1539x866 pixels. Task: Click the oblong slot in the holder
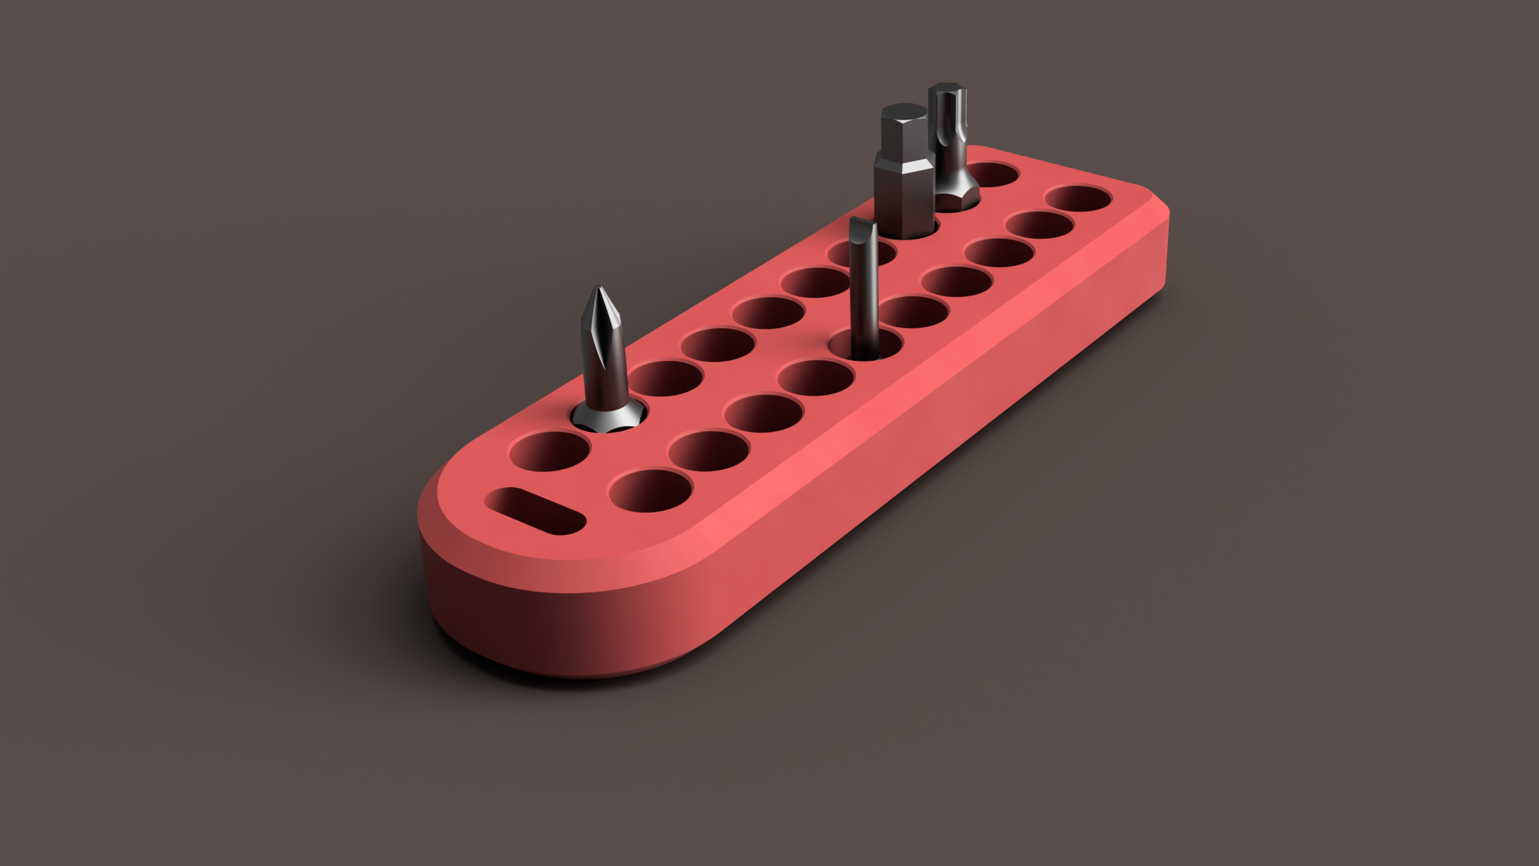[x=535, y=511]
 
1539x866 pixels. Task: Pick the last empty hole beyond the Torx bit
[x=993, y=174]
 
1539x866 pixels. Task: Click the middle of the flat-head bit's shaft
[x=864, y=289]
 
